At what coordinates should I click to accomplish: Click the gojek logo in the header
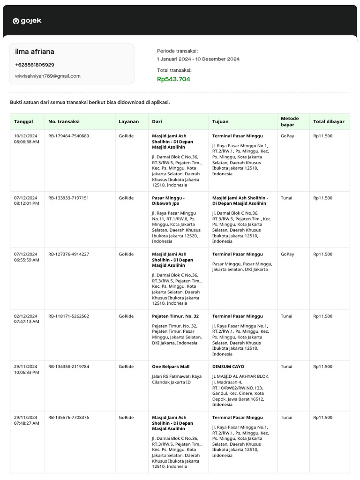tap(27, 21)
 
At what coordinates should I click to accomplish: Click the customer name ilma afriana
tap(35, 52)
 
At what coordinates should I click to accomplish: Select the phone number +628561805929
tap(34, 65)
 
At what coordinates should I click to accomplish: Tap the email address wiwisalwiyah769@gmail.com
tap(47, 76)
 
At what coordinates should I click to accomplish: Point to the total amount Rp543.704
tap(173, 79)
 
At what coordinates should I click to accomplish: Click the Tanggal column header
tap(23, 121)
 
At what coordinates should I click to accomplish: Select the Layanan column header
tap(128, 121)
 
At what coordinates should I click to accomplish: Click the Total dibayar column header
tap(329, 121)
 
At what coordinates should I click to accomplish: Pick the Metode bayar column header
tap(290, 121)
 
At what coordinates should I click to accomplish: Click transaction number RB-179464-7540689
tap(68, 136)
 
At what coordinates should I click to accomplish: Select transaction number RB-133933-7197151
tap(68, 198)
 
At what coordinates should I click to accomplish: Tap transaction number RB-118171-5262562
tap(68, 316)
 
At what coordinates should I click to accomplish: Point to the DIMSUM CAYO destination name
tap(228, 367)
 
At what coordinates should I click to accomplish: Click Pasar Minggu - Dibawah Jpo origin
tap(168, 201)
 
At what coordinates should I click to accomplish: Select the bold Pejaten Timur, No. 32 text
tap(175, 316)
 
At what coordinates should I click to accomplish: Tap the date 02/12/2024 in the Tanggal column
tap(25, 316)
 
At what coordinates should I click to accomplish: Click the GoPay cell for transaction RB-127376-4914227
tap(287, 254)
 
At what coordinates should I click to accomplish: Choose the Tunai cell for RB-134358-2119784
tap(286, 367)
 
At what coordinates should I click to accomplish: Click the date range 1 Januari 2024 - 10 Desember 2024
tap(198, 59)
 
